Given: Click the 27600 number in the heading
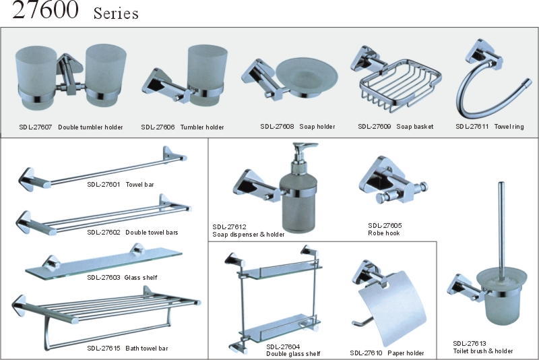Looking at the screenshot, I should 44,11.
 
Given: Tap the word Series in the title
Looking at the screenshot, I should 116,13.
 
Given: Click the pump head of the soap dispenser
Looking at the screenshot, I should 301,152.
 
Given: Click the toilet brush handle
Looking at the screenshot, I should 499,222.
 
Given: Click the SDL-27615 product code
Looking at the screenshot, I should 103,349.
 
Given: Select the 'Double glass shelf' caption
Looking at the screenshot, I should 293,354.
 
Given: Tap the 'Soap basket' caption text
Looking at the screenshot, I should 414,127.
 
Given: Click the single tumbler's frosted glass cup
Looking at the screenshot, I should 205,67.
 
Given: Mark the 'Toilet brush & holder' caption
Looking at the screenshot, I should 482,351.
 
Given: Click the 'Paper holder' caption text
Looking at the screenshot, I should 406,353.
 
